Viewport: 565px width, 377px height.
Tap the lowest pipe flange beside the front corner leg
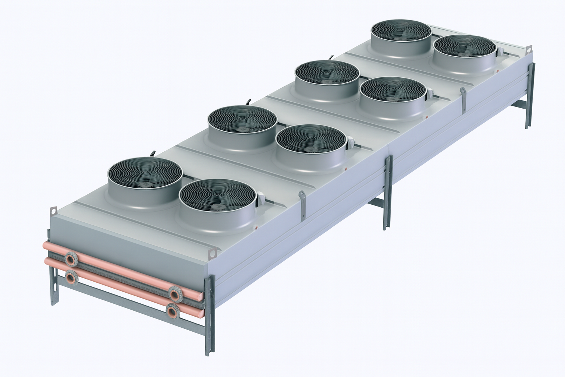(172, 311)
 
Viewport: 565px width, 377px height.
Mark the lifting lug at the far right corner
(529, 49)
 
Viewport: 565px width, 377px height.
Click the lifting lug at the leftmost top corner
(54, 211)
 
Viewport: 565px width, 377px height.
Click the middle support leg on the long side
(388, 191)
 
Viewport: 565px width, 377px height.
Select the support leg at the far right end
(530, 96)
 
